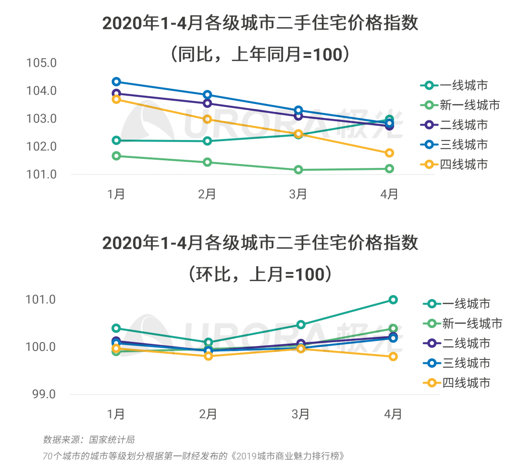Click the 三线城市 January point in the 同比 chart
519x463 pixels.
(116, 82)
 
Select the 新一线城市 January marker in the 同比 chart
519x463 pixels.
(116, 156)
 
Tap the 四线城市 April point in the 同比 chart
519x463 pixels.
(389, 153)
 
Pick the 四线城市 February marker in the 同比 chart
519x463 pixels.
(207, 119)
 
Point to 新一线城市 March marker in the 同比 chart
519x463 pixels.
(298, 169)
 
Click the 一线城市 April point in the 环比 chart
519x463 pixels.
(393, 300)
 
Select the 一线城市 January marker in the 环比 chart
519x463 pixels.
(116, 328)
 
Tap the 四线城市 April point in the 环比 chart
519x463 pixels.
(393, 357)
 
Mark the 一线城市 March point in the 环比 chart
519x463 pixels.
(301, 324)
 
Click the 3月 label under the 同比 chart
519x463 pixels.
(298, 194)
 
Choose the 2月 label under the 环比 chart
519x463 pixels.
(208, 414)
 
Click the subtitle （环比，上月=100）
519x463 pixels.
(260, 274)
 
